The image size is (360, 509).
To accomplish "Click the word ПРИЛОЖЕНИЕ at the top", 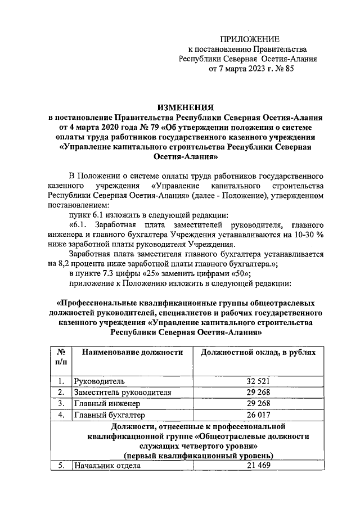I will click(249, 38).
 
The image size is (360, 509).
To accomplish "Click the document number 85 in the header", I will click(289, 69).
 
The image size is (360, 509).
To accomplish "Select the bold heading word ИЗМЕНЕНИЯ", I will click(185, 107).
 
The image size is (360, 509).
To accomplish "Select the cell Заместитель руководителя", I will click(122, 392).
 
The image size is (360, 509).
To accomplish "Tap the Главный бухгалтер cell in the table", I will click(110, 415).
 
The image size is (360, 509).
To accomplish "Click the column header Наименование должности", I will click(133, 352).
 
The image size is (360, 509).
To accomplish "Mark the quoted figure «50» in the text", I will click(239, 274).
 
